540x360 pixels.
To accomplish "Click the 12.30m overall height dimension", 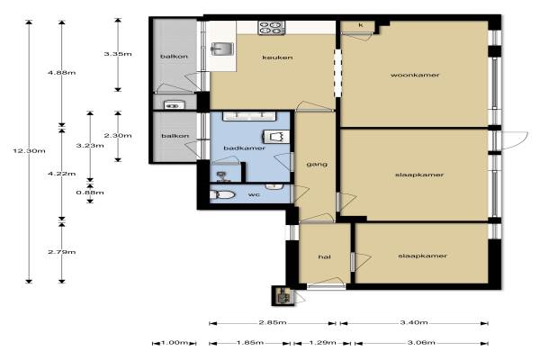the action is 30,151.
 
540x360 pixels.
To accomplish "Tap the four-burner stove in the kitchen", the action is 272,28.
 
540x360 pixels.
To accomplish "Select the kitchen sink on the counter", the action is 222,49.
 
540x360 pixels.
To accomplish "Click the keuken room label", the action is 277,58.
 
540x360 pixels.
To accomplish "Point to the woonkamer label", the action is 415,75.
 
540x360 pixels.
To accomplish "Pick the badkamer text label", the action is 245,148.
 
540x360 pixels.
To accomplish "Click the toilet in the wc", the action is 222,195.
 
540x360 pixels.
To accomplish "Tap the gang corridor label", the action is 317,165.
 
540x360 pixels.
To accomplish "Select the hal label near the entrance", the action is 325,257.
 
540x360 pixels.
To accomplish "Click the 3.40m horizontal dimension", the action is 414,322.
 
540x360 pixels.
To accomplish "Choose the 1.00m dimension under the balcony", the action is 175,343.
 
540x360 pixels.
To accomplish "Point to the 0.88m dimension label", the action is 90,193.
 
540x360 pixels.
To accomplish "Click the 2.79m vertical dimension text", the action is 61,252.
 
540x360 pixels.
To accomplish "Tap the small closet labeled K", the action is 361,25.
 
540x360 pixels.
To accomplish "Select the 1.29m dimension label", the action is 322,342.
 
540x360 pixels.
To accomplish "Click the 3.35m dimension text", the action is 118,54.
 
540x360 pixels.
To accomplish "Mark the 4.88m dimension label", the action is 61,73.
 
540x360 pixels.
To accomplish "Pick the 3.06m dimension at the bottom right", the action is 421,342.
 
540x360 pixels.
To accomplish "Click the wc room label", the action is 254,194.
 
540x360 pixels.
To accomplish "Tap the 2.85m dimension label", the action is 273,322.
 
